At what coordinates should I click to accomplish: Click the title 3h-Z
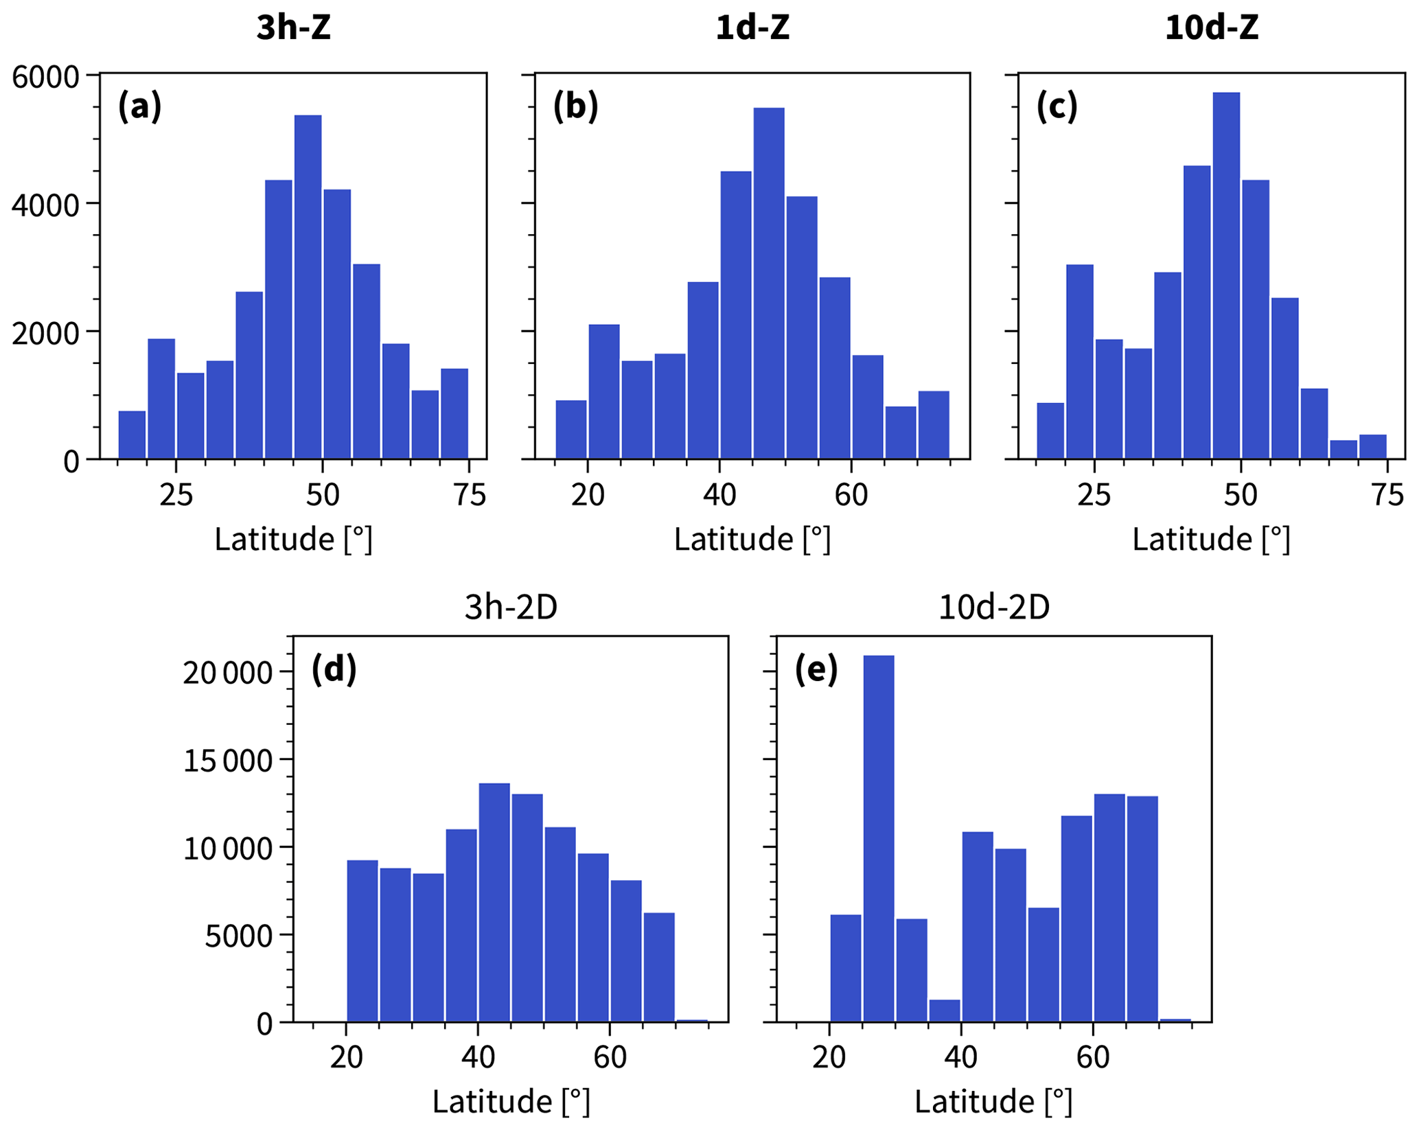(x=293, y=29)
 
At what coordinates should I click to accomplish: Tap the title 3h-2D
(x=510, y=608)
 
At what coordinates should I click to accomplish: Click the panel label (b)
(x=575, y=106)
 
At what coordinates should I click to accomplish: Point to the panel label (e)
(x=816, y=669)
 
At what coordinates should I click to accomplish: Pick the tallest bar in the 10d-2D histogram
(x=878, y=838)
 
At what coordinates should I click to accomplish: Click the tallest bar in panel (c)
(x=1225, y=275)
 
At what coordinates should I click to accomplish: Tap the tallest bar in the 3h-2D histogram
(x=494, y=902)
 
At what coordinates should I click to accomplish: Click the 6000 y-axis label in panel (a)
(x=45, y=76)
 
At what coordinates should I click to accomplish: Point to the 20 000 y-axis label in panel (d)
(x=227, y=673)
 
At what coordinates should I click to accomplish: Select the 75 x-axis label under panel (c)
(x=1386, y=494)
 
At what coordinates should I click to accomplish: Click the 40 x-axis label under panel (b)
(x=719, y=494)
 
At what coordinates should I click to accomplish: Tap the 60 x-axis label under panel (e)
(x=1092, y=1057)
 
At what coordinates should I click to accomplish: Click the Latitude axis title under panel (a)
(x=293, y=540)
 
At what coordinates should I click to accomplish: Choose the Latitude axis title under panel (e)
(x=993, y=1102)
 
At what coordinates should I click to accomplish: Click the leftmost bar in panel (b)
(x=570, y=429)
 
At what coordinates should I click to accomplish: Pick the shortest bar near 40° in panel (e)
(x=944, y=1011)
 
